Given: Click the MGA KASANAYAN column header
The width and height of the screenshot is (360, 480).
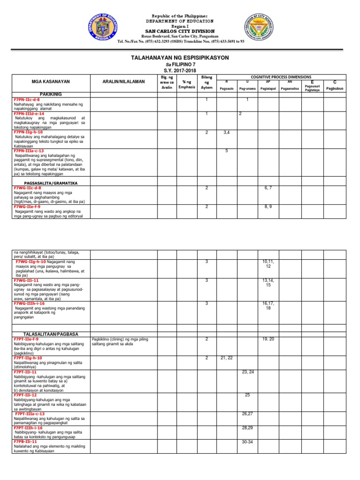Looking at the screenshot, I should click(x=51, y=82).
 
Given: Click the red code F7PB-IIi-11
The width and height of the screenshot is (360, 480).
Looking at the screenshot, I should click(x=25, y=442).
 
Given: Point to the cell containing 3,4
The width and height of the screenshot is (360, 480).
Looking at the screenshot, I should click(x=227, y=133).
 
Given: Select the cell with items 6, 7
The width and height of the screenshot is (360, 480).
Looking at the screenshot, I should click(x=268, y=188).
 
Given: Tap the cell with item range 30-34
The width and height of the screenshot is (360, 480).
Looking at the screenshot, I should click(x=248, y=442).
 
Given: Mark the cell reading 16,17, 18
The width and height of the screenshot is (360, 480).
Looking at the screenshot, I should click(x=268, y=306).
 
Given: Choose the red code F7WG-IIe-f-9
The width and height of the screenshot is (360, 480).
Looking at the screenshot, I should click(x=27, y=206).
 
